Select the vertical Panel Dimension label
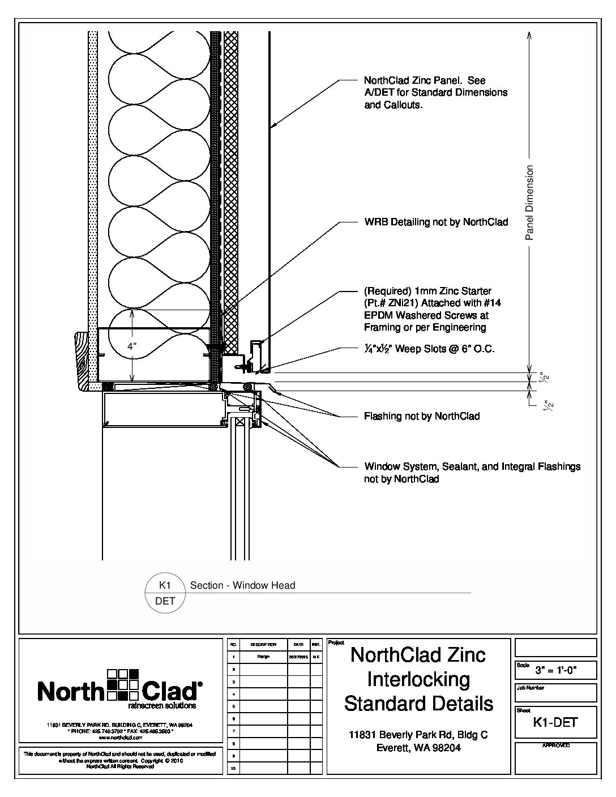pyautogui.click(x=530, y=203)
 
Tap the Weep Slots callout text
pyautogui.click(x=429, y=349)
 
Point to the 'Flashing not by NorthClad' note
pyautogui.click(x=421, y=417)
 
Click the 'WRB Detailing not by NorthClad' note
pyautogui.click(x=435, y=222)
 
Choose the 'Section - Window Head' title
pyautogui.click(x=243, y=585)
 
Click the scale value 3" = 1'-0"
pyautogui.click(x=556, y=671)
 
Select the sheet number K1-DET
pyautogui.click(x=555, y=722)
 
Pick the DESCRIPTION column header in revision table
pyautogui.click(x=263, y=645)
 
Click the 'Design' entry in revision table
pyautogui.click(x=263, y=657)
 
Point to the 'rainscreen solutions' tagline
pyautogui.click(x=162, y=706)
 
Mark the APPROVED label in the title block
pyautogui.click(x=556, y=746)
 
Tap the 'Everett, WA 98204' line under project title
pyautogui.click(x=418, y=748)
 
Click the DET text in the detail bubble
pyautogui.click(x=165, y=601)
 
